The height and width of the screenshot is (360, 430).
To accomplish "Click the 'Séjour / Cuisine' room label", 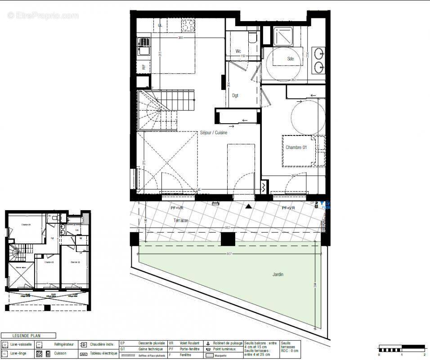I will (x=214, y=133).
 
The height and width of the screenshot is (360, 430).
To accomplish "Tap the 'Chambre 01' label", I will (x=296, y=148).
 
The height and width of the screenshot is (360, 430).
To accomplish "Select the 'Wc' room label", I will (x=238, y=51).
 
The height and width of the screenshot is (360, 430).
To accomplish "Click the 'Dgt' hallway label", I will (x=235, y=95).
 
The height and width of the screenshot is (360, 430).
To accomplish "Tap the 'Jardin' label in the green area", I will (x=278, y=274).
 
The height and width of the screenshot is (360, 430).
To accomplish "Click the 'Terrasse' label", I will (x=181, y=220).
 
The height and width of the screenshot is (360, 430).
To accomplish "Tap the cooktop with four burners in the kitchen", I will (x=188, y=26).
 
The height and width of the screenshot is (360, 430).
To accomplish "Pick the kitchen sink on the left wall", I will (x=144, y=47).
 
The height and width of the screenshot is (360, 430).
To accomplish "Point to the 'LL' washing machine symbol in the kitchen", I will (x=160, y=26).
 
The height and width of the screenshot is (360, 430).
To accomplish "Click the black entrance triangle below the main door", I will (x=248, y=207).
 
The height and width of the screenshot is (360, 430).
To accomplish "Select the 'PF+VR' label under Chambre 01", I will (x=288, y=208).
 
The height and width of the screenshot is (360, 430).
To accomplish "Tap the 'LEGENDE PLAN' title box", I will (x=28, y=335).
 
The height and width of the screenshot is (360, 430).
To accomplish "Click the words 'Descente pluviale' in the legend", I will (x=152, y=343).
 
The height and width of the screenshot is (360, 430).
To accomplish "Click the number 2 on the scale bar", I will (x=424, y=355).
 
